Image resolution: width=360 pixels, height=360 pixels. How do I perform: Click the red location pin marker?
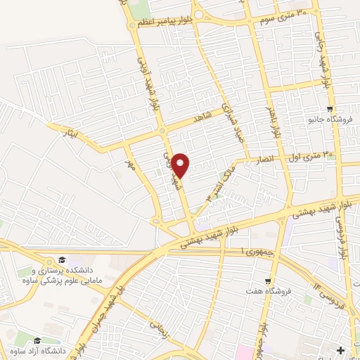(181, 165)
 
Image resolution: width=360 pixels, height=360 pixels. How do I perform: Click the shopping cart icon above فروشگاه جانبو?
(330, 108)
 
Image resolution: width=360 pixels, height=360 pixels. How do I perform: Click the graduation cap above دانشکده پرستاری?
(62, 260)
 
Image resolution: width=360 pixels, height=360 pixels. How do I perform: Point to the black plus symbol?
(341, 350)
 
